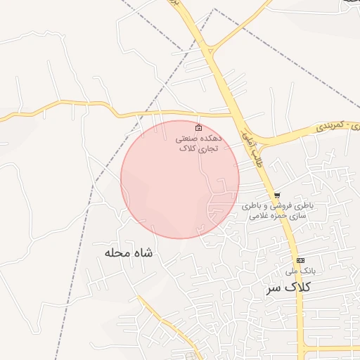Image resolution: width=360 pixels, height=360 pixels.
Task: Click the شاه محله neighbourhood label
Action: [129, 252]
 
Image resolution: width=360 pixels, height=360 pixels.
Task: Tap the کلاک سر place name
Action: [289, 288]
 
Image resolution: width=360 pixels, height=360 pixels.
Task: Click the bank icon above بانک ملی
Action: [300, 260]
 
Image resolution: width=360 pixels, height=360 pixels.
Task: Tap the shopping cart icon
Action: [277, 195]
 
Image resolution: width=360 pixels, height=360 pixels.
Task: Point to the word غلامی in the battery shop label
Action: [259, 216]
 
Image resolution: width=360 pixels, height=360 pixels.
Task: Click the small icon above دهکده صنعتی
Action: [199, 128]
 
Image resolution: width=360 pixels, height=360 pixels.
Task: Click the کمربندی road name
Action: [328, 125]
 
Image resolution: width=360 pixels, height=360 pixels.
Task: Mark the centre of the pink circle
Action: [180, 179]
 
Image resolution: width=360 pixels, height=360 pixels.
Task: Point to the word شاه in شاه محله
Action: [143, 252]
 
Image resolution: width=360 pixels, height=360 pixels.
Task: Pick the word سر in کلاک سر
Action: [274, 288]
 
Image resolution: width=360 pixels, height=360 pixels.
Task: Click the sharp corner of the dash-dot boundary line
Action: [214, 9]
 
